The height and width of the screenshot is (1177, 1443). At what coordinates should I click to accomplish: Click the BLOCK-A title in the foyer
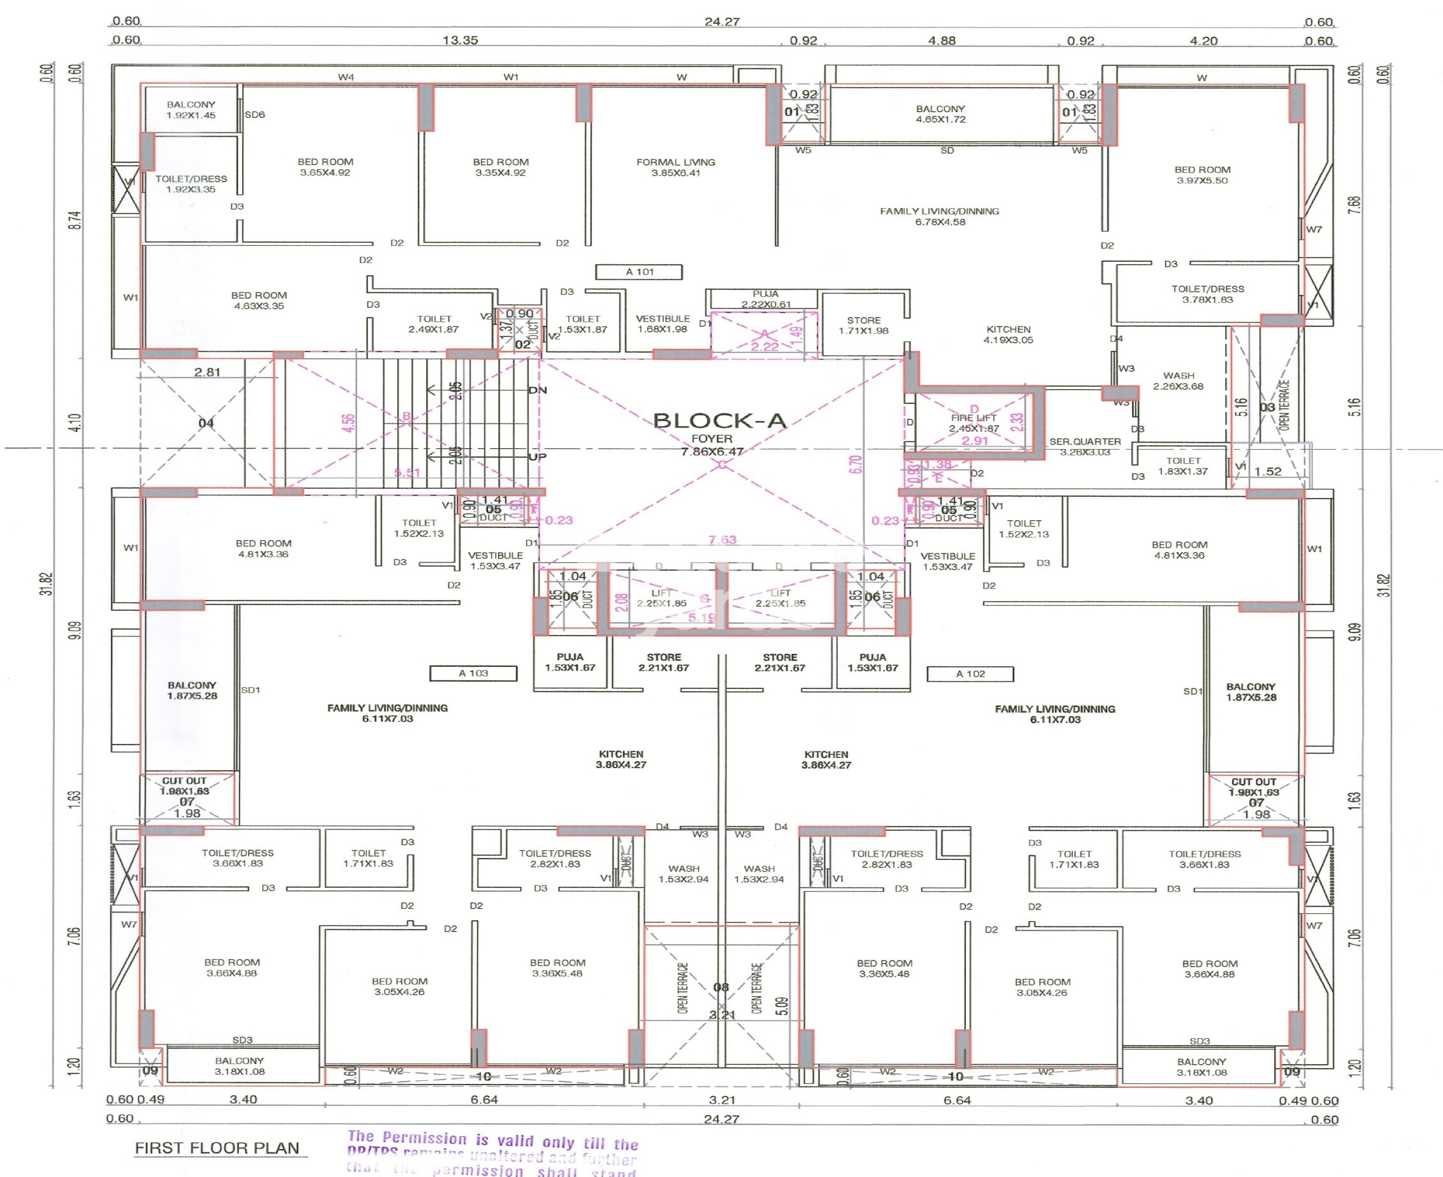719,421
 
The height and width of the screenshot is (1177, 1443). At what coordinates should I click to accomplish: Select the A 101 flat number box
639,272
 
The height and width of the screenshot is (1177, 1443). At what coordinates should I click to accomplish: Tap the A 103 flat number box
473,673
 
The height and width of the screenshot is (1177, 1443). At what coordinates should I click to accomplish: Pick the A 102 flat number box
970,674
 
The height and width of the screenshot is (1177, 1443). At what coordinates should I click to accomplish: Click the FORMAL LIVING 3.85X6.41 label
675,168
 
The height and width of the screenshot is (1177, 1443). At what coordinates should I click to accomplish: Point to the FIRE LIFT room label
973,423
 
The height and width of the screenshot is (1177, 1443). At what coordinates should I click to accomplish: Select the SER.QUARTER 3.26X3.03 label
1085,446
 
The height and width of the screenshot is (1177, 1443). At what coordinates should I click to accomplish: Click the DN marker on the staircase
537,390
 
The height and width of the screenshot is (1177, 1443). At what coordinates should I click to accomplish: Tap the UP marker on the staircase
537,457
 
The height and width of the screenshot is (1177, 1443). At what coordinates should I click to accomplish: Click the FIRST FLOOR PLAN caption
217,1148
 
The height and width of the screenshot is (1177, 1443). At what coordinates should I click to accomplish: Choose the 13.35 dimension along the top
460,41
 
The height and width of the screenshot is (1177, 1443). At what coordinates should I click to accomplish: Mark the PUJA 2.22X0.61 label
765,299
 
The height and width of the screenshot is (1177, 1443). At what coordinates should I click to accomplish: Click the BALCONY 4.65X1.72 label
940,114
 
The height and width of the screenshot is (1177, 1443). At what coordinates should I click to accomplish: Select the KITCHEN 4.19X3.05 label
1009,334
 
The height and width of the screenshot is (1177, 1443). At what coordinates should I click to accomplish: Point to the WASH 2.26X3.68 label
1179,380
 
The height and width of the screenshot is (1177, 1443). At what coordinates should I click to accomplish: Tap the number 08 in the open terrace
721,987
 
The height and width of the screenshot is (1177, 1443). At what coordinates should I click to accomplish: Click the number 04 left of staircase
206,423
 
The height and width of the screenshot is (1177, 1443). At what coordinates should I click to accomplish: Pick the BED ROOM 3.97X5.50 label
1202,175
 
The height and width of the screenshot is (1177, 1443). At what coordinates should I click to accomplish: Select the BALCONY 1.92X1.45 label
191,110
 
